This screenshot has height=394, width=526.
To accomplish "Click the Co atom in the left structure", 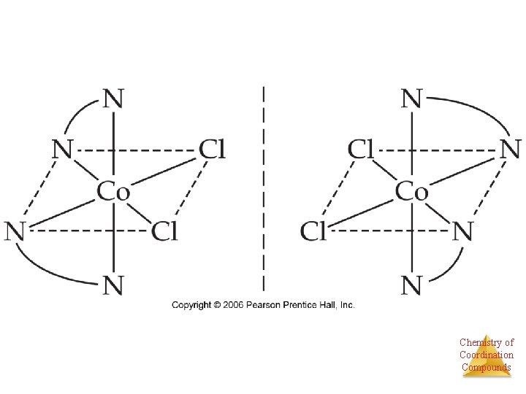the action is [113, 192].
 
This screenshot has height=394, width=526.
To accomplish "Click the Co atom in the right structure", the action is [411, 192].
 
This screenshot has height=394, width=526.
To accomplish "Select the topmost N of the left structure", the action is [113, 99].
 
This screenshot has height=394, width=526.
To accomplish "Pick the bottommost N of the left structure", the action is [113, 285].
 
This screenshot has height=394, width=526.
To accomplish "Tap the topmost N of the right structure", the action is [412, 99].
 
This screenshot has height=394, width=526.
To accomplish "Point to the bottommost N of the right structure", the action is [412, 285].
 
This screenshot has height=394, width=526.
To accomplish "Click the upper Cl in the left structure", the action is [212, 151].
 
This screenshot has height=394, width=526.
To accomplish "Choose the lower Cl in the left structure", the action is [164, 232].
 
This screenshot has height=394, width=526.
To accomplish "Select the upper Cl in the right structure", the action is [361, 151].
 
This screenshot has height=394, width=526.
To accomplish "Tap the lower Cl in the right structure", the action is [313, 232].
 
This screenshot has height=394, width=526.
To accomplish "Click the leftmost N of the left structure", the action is [16, 232].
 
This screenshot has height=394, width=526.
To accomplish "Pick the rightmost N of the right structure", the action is [509, 151].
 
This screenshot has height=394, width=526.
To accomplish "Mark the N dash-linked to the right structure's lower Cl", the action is [462, 232].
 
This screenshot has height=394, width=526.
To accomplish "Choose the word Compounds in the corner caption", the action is [487, 367].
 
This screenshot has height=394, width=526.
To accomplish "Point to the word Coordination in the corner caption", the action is [487, 355].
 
